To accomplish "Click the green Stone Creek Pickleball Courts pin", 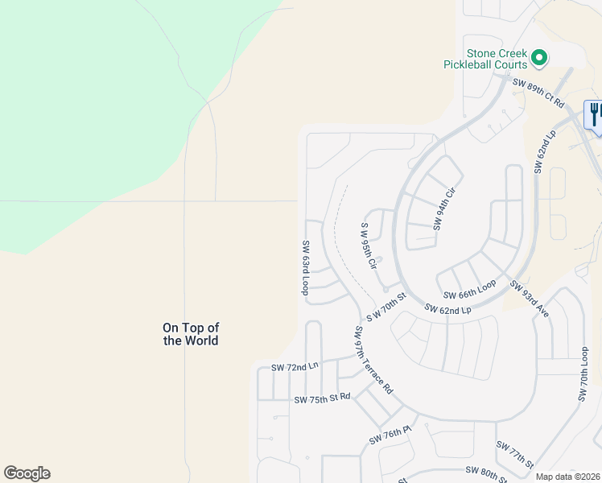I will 539,57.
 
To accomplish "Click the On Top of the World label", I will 191,334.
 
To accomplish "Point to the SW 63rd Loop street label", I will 306,268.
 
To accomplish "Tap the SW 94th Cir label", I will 444,208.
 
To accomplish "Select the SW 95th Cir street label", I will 368,246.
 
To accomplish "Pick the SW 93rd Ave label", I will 529,298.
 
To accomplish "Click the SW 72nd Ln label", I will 295,367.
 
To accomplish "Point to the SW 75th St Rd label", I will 322,398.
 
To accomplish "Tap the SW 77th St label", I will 515,455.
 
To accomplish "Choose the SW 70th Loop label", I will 584,375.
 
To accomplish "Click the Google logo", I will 27,473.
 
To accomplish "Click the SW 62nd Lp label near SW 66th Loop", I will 447,308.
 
